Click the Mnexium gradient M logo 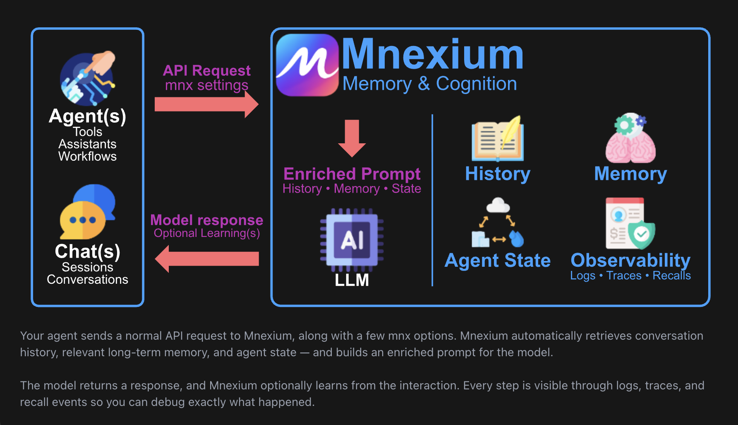pos(307,65)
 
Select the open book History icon pos(497,140)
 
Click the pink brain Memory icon pos(630,141)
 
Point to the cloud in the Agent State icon pos(498,205)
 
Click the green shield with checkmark pos(642,234)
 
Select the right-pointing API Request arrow pos(206,104)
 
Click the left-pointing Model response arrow pos(207,259)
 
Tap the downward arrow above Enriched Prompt pos(352,138)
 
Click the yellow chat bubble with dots pos(83,220)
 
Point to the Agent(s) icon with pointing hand pos(88,78)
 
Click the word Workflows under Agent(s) pos(87,157)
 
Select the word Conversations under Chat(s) pos(87,280)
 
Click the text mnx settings pos(206,85)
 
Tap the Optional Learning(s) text pos(207,233)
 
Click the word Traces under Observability pos(623,276)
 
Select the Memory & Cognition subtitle pos(429,84)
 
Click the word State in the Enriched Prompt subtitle pos(406,189)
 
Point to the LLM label pos(352,280)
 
